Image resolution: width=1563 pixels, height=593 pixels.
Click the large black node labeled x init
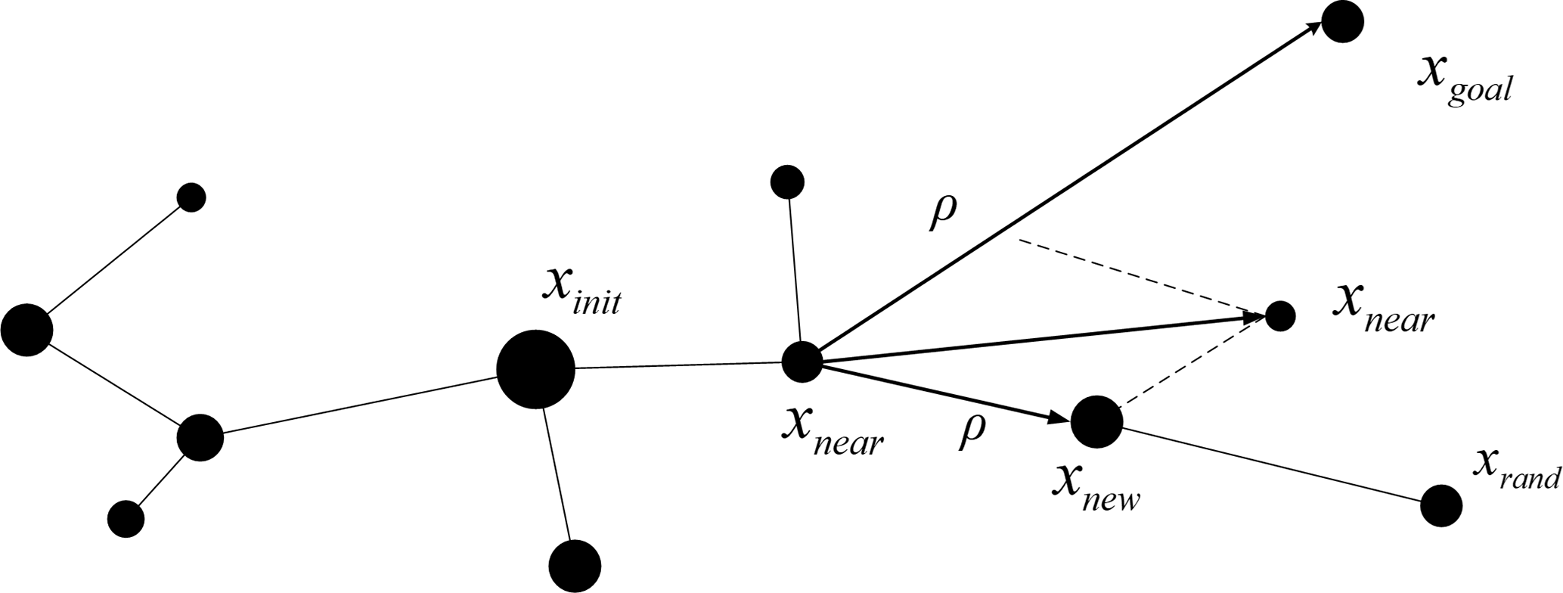click(535, 369)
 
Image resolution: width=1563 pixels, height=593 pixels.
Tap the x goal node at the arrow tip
click(1342, 22)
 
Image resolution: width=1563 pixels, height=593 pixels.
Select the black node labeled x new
click(1097, 421)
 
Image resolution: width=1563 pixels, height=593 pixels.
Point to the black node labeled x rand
click(1441, 505)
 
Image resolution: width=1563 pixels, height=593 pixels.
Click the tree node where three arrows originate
click(802, 362)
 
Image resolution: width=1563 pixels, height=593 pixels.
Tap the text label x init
click(582, 291)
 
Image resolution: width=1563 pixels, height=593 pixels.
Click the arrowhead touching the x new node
click(1059, 418)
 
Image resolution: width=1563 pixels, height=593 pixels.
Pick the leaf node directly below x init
click(575, 564)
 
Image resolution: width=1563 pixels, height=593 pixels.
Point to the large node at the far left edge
click(26, 330)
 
